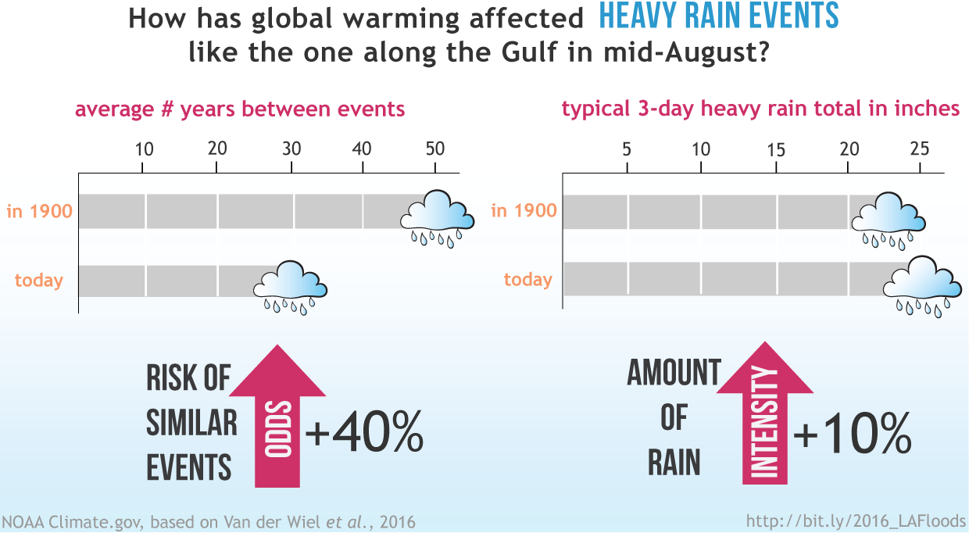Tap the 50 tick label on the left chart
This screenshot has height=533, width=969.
pyautogui.click(x=434, y=148)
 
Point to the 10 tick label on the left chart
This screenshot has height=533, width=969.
pyautogui.click(x=144, y=148)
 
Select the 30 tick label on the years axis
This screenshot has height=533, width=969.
pyautogui.click(x=291, y=148)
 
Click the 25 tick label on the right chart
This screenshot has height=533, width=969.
pyautogui.click(x=921, y=148)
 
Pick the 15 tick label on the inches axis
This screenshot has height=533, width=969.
pyautogui.click(x=775, y=148)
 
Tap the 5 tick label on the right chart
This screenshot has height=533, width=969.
pyautogui.click(x=627, y=148)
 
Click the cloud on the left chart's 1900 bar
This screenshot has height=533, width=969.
pyautogui.click(x=437, y=218)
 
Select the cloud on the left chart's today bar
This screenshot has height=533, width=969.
pyautogui.click(x=289, y=287)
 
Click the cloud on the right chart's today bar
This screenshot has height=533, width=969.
pyautogui.click(x=921, y=284)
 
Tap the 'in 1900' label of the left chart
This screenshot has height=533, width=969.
pyautogui.click(x=40, y=211)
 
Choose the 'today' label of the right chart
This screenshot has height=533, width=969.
pyautogui.click(x=527, y=280)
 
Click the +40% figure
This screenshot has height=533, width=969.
pyautogui.click(x=364, y=435)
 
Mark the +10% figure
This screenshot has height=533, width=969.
pyautogui.click(x=853, y=435)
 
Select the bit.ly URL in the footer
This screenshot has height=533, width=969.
pyautogui.click(x=856, y=520)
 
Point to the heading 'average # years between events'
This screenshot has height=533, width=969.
pyautogui.click(x=240, y=109)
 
